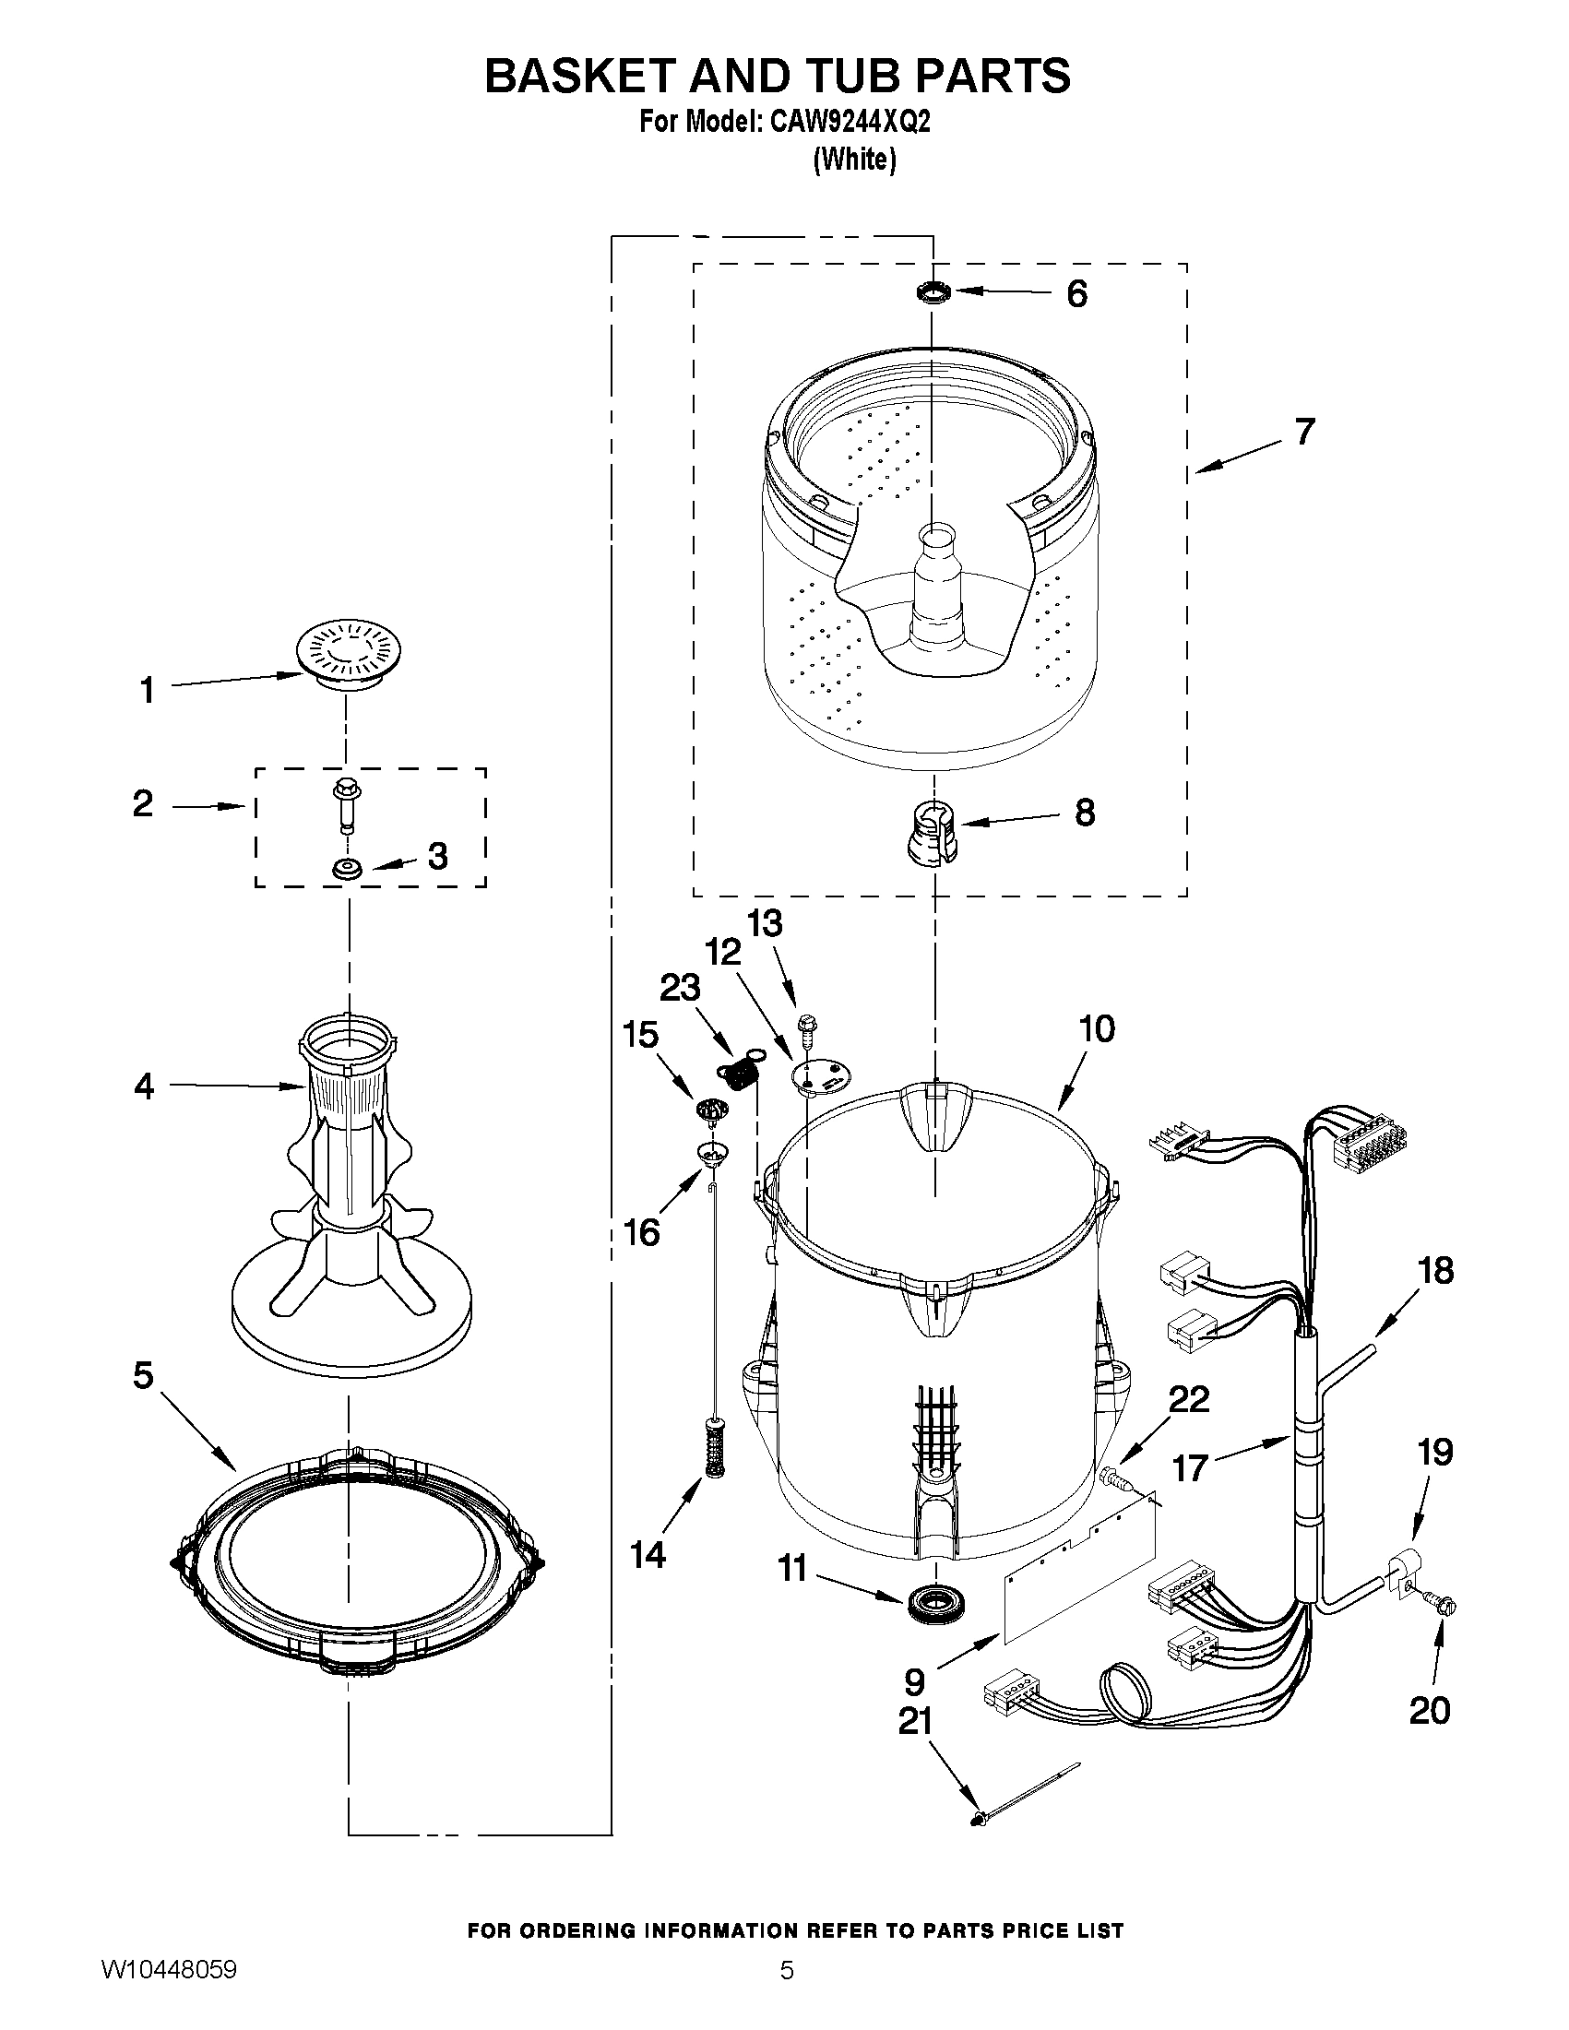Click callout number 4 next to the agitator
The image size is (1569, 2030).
[x=144, y=1085]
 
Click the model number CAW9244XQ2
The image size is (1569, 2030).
[x=849, y=123]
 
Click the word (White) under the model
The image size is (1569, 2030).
[x=854, y=160]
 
